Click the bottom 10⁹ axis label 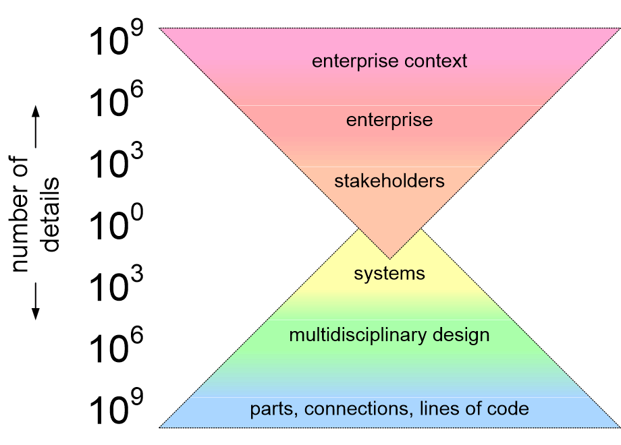point(115,407)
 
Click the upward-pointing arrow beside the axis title point(36,127)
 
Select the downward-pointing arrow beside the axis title point(36,301)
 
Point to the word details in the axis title point(51,214)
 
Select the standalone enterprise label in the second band point(389,120)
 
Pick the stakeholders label point(389,181)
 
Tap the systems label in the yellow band point(389,274)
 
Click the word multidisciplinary point(358,335)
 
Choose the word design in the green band point(461,335)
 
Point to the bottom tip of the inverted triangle point(389,259)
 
